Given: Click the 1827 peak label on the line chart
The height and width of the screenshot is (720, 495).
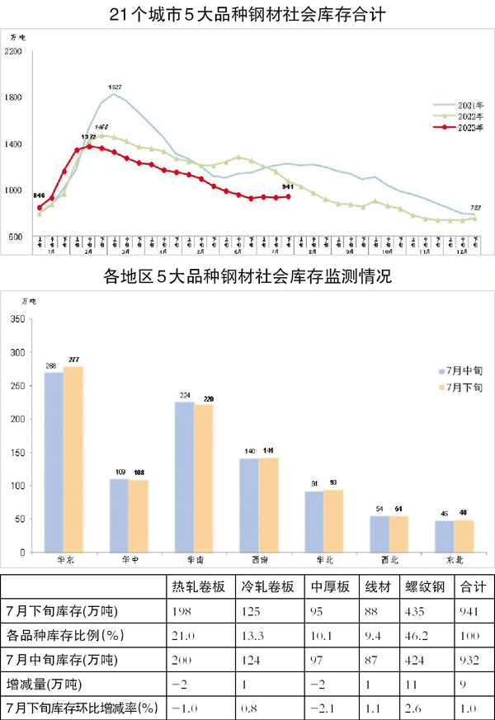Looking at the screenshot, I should (x=115, y=87).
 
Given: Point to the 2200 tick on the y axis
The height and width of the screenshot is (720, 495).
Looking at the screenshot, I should (x=12, y=52).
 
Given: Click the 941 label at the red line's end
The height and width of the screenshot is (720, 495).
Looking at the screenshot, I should (x=288, y=187).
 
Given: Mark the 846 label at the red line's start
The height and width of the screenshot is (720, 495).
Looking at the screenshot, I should (x=39, y=195).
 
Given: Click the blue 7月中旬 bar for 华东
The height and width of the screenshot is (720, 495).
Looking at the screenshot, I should (x=54, y=462).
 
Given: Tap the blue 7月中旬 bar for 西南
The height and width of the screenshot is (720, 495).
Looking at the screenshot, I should (x=248, y=505).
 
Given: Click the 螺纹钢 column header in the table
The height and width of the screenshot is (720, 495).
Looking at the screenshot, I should (x=424, y=586).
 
